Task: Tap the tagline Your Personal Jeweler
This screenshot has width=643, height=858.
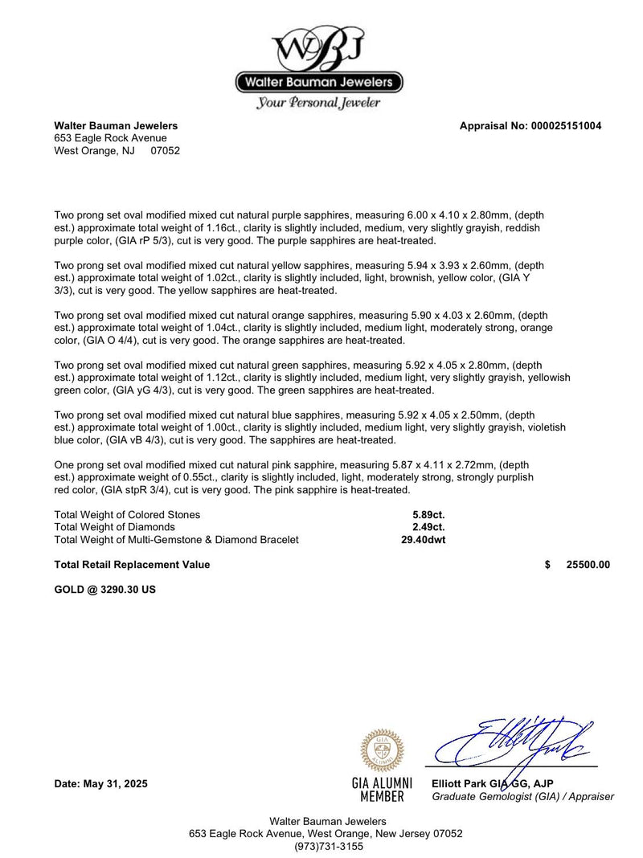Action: (318, 103)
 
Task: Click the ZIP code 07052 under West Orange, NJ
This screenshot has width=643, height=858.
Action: (166, 150)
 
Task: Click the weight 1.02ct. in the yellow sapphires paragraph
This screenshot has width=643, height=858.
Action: (218, 278)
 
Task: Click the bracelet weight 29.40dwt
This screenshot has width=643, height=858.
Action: (424, 540)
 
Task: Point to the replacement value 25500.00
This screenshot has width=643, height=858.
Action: (588, 565)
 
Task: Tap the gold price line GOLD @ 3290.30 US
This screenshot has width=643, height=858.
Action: (104, 590)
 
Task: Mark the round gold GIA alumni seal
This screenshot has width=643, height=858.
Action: (382, 750)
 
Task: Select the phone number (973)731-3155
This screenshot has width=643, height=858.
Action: (328, 846)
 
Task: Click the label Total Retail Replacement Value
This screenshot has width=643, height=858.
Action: (132, 565)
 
